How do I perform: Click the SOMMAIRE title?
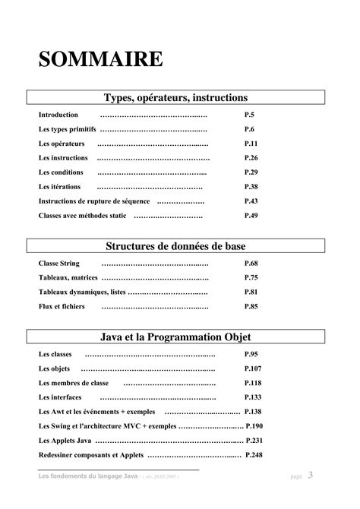[101, 58]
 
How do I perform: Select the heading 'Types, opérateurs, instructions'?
[175, 97]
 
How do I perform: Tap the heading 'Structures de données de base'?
[175, 246]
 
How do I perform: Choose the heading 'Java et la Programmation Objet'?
[175, 337]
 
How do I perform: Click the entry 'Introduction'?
[58, 115]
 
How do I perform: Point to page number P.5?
[249, 115]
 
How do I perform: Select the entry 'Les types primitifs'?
[68, 129]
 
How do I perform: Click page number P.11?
[251, 144]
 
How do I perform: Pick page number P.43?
[251, 201]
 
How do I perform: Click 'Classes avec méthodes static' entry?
[83, 216]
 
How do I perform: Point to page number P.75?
[251, 277]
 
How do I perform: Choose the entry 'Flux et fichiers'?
[62, 306]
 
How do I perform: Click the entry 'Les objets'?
[54, 368]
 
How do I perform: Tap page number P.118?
[254, 383]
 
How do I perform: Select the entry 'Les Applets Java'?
[65, 441]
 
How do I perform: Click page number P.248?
[254, 455]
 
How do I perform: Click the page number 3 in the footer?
[311, 476]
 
